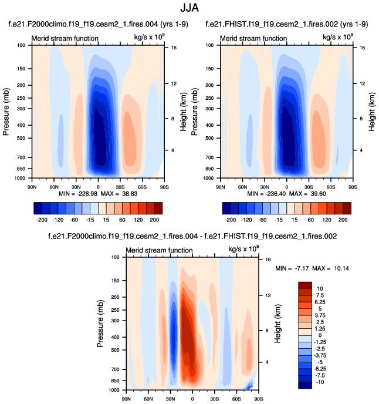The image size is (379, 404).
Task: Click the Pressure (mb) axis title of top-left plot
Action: [x=6, y=112]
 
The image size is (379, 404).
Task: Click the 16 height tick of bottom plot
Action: [x=267, y=259]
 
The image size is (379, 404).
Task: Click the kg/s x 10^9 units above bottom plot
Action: [x=243, y=250]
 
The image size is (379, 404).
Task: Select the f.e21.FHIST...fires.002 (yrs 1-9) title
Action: [x=287, y=25]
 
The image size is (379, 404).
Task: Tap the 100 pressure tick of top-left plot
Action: [x=21, y=45]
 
